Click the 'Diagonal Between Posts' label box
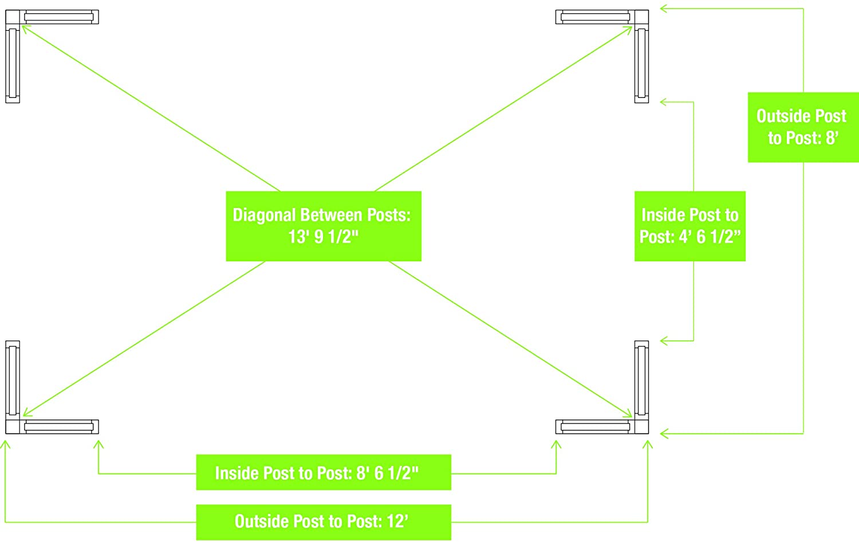coord(324,226)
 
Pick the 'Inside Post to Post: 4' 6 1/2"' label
coord(689,226)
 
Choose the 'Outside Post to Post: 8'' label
coord(803,127)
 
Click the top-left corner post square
coord(13,17)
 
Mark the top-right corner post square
coord(641,17)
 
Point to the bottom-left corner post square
coord(13,426)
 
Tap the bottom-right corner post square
coord(641,426)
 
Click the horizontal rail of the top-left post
coord(59,17)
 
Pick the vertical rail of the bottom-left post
coord(13,379)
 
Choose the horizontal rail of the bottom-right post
coord(596,426)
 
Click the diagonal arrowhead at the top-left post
coord(25,28)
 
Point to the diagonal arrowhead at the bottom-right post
coord(629,415)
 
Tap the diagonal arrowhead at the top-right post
coord(629,29)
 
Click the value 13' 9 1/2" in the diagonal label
coord(324,237)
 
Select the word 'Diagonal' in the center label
coord(265,215)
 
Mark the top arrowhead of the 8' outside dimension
coord(664,9)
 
